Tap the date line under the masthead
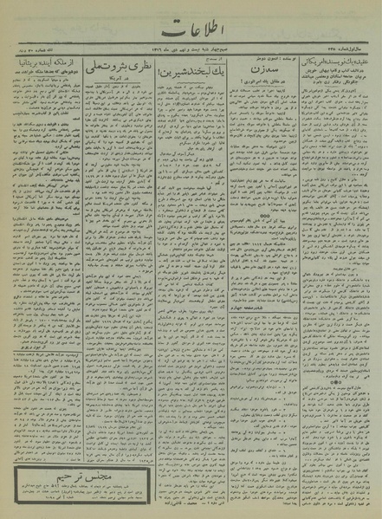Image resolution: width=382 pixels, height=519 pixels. click(x=191, y=56)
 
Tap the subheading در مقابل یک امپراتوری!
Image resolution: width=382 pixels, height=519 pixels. click(x=257, y=90)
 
